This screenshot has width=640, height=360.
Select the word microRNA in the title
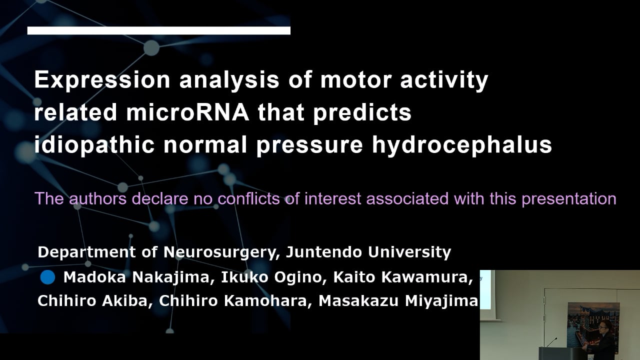tap(187, 112)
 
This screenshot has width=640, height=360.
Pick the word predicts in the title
tap(362, 113)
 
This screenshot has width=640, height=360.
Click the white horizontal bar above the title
tap(158, 30)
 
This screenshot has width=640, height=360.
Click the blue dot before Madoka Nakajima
tap(47, 276)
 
